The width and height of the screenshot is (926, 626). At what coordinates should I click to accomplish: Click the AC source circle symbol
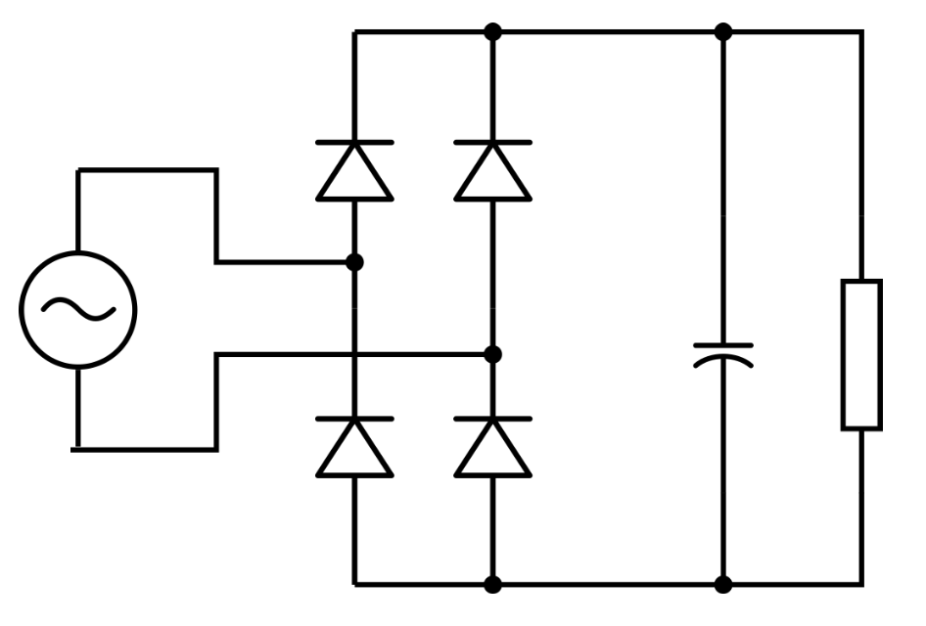click(78, 310)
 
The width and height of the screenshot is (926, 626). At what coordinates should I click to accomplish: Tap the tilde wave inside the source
click(78, 310)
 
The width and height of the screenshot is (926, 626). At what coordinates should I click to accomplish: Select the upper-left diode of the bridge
click(354, 171)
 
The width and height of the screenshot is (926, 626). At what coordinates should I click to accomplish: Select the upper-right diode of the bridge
click(493, 171)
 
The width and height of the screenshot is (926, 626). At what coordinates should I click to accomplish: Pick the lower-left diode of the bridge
click(354, 448)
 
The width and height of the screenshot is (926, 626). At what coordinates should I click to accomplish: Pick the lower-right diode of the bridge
click(493, 448)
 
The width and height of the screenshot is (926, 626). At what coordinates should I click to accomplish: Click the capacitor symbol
click(723, 354)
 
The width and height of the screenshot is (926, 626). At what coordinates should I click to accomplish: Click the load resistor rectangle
click(861, 354)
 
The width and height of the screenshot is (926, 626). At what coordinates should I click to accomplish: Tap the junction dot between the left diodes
click(354, 262)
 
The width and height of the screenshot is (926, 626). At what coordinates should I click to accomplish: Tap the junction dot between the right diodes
click(493, 354)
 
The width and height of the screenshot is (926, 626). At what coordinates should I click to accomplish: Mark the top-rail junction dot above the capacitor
click(723, 32)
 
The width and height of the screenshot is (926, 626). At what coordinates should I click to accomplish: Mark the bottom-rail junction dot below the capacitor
click(723, 585)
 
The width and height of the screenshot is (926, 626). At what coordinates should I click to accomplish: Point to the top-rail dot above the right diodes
click(493, 32)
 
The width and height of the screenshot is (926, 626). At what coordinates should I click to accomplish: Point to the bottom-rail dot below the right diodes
click(493, 585)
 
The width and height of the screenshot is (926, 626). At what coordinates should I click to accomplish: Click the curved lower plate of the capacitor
click(723, 362)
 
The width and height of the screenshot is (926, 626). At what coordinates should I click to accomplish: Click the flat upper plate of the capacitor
click(723, 344)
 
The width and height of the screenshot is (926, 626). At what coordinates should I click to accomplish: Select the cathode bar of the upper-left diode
click(354, 143)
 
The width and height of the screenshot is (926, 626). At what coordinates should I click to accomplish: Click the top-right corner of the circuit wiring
click(861, 32)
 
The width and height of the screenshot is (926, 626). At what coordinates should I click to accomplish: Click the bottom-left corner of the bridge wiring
click(354, 585)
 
